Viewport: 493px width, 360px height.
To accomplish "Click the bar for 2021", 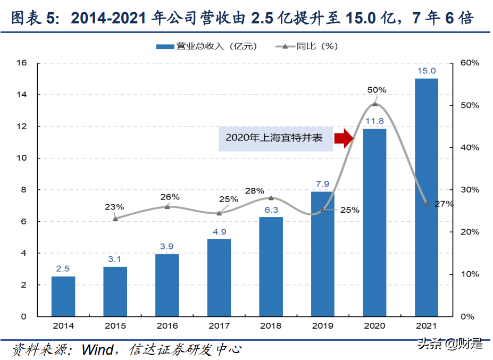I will point(426,197).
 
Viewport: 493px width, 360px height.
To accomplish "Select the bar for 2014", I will point(63,296).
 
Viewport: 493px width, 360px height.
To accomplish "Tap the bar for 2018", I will point(271,266).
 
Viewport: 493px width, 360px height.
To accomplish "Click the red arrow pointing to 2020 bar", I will point(344,138).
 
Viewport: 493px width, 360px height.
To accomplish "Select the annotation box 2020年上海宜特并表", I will point(275,138).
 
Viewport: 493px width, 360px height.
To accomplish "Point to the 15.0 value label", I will point(426,71).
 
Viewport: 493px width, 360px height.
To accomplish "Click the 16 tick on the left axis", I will point(21,63).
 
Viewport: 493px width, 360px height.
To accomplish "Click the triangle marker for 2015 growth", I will point(115,218).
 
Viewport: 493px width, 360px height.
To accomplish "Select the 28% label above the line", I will point(255,190).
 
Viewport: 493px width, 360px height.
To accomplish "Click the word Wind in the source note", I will point(97,349).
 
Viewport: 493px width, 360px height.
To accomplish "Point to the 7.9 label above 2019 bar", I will point(322,184).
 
